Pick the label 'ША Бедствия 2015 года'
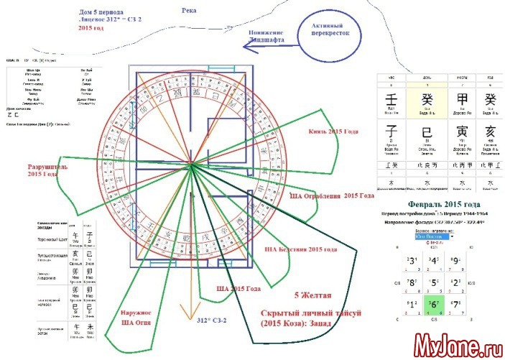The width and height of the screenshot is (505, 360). (x=300, y=249)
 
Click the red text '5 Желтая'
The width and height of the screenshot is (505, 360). (x=311, y=294)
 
